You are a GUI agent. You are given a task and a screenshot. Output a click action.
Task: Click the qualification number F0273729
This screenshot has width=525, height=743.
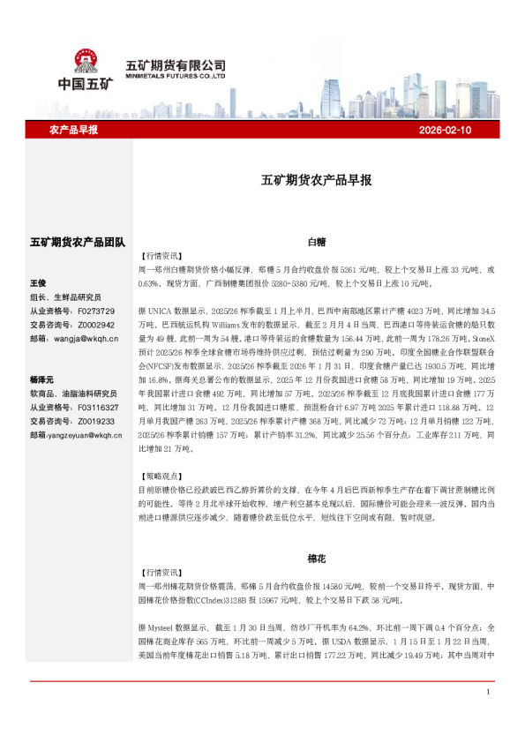(96, 311)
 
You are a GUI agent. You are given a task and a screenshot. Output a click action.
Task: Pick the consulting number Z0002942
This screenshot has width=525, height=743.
(96, 324)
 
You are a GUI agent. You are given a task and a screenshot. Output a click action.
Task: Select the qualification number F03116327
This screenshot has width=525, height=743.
(99, 409)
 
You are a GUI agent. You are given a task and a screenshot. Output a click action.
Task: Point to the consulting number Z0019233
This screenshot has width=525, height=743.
(96, 422)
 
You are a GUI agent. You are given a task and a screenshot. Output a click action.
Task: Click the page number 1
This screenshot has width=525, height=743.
(488, 717)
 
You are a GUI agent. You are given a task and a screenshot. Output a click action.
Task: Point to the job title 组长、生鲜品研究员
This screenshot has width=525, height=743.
(66, 297)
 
